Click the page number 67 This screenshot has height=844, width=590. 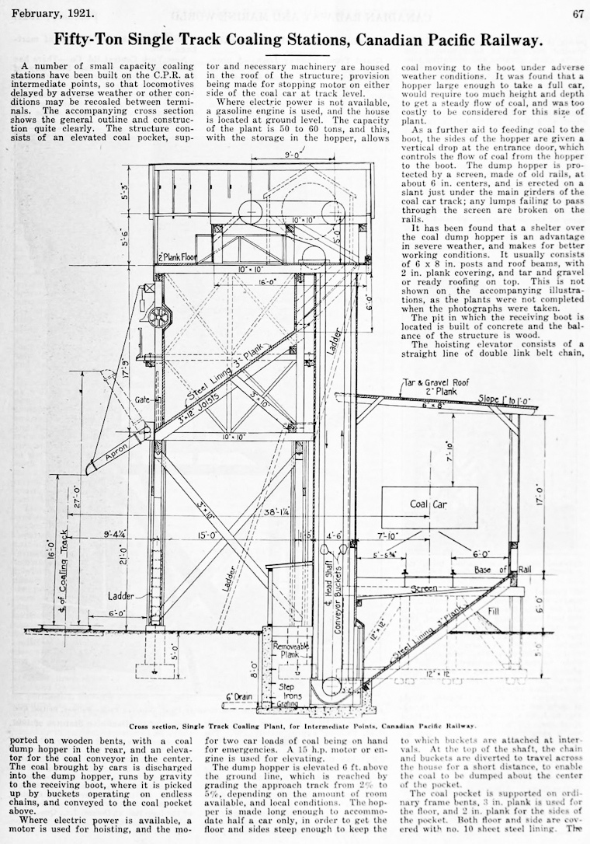(578, 13)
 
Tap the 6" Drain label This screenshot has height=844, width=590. (241, 697)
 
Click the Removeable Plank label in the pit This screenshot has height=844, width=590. (288, 649)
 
